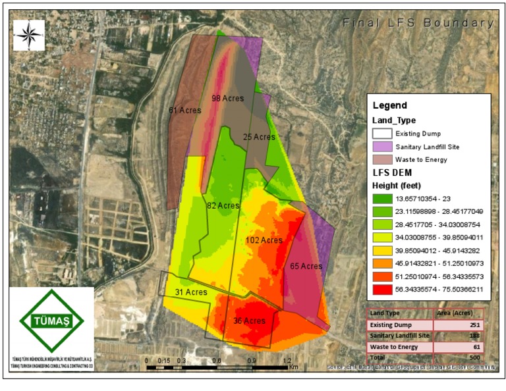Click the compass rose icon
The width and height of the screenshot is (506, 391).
pos(28,35)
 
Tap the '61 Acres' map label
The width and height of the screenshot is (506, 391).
pos(185,110)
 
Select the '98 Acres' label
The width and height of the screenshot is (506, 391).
pos(227,99)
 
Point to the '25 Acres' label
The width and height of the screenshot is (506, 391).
pos(259,138)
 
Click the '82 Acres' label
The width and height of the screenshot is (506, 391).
pos(223,206)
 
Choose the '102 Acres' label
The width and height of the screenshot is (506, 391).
pos(264,240)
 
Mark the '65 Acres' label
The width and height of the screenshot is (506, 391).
pos(306,267)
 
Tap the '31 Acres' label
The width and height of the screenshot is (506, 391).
pos(192,292)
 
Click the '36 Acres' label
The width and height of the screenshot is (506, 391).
pos(249,321)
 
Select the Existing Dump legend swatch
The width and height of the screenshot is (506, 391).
pos(382,134)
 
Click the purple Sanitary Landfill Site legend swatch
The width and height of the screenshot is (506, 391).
pos(382,146)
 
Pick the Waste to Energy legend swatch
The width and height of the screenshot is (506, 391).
pos(382,159)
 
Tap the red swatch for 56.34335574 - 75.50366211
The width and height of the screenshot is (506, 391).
pos(382,288)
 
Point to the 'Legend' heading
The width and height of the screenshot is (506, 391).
pos(390,105)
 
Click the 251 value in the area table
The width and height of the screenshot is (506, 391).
pos(476,325)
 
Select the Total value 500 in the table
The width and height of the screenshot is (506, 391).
pos(476,357)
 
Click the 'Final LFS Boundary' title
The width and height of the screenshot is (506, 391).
pos(418,23)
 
